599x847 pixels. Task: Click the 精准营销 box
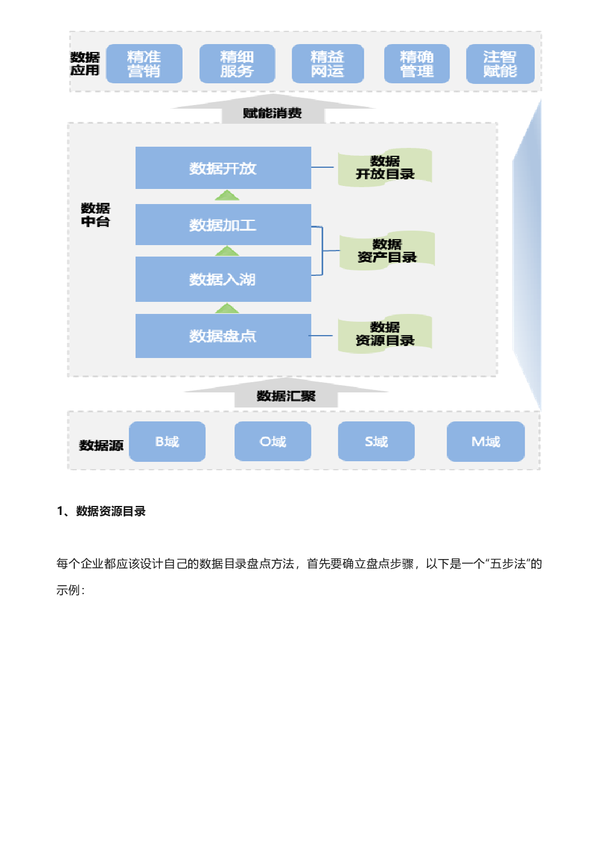[144, 63]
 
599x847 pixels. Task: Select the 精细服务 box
[237, 63]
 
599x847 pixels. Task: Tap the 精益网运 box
[328, 63]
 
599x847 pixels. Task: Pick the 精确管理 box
[417, 63]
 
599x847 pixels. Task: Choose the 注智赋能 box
[500, 63]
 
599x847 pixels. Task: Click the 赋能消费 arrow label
[272, 113]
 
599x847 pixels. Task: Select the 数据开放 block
[223, 167]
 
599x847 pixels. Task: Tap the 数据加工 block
[223, 225]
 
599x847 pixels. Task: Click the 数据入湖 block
[223, 279]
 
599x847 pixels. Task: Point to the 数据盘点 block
[223, 336]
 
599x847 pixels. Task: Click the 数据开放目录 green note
[385, 167]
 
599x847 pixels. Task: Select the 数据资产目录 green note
[387, 251]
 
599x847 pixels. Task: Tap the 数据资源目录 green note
[385, 333]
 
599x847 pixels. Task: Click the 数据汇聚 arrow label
[286, 396]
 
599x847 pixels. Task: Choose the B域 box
[167, 441]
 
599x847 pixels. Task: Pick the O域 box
[273, 441]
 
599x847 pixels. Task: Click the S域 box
[376, 441]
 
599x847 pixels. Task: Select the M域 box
[486, 441]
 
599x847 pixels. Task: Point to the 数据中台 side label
[95, 214]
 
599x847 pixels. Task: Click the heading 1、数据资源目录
[101, 511]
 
